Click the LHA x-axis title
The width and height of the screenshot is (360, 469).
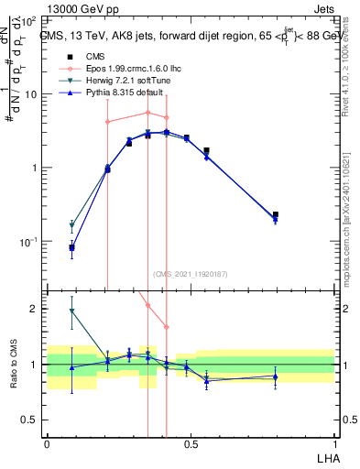tap(324, 456)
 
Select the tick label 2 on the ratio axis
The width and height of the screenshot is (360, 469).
tap(35, 309)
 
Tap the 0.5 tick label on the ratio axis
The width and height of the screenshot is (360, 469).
tap(30, 420)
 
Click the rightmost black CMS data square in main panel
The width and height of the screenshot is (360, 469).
tap(276, 214)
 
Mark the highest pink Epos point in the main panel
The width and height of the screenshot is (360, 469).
tap(147, 113)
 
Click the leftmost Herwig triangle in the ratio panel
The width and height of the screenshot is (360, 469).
tap(71, 311)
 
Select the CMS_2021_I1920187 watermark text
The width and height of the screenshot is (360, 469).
tap(190, 274)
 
